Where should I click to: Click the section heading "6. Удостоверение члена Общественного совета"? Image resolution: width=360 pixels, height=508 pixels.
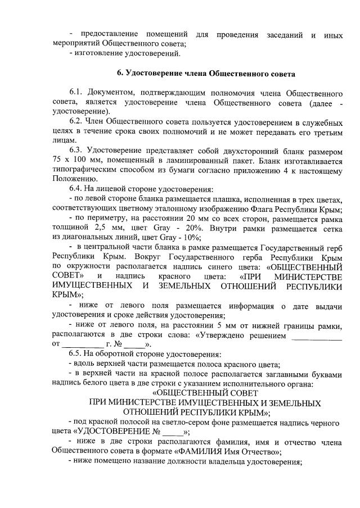click(206, 74)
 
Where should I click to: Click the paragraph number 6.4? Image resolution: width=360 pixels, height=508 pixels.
click(76, 189)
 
